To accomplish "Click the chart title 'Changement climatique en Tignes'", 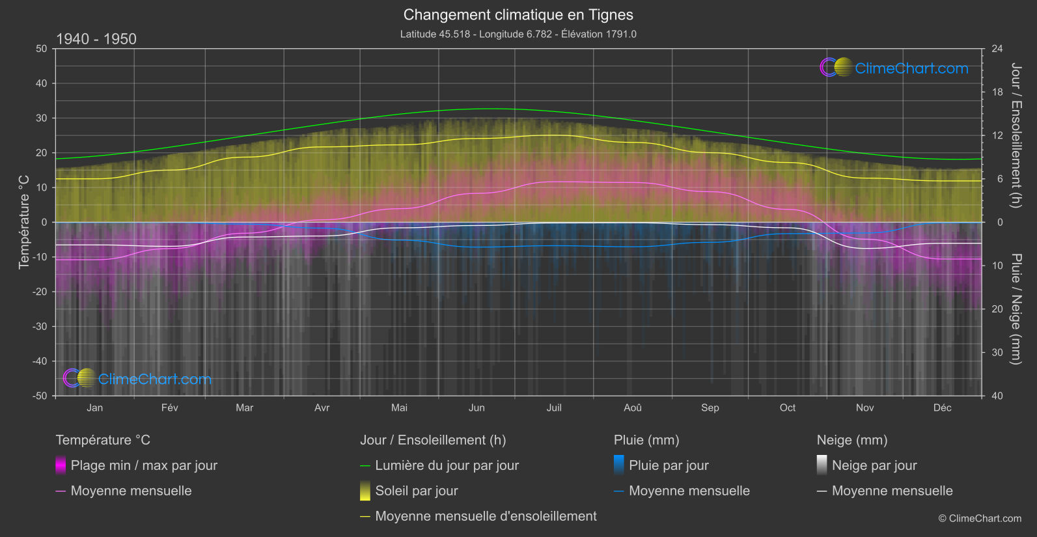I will (518, 15).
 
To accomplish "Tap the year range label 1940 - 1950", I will (96, 39).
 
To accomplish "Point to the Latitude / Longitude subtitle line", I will (518, 34).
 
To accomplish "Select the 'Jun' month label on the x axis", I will (477, 407).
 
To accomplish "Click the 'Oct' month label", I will (788, 407).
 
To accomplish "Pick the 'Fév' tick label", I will (169, 407).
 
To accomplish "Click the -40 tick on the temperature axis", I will (41, 361).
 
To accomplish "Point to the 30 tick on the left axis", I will (42, 118).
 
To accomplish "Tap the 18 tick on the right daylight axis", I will (997, 92).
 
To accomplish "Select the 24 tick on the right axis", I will (997, 49).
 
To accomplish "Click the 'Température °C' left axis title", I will (24, 221).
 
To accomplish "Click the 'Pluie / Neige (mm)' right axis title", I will (1016, 309).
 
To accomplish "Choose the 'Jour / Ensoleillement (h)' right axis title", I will (1016, 135).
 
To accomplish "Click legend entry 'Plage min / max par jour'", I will (144, 465).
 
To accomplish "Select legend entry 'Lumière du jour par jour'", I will (447, 465).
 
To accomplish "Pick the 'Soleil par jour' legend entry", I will (417, 491).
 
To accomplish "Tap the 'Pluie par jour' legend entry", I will (669, 465).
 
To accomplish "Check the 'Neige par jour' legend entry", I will (874, 465).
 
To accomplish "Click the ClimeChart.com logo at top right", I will (894, 68).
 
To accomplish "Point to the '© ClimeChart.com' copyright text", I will (980, 519).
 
